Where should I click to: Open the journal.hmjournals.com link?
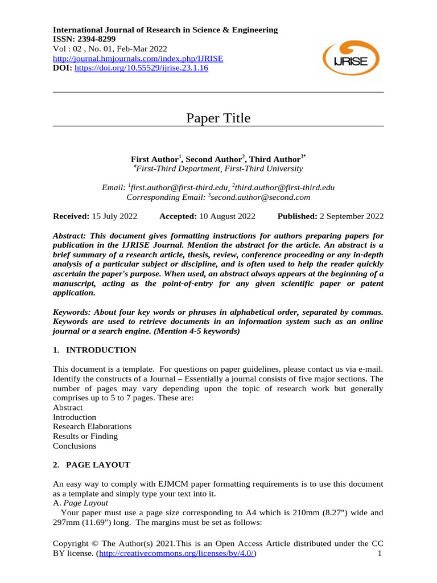click(x=138, y=58)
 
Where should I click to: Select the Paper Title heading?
click(x=218, y=118)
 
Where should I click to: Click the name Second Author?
click(x=213, y=159)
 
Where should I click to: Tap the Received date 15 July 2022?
click(x=114, y=216)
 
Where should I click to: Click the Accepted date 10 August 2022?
click(x=227, y=216)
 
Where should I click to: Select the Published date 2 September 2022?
click(x=351, y=216)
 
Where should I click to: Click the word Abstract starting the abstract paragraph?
click(x=71, y=235)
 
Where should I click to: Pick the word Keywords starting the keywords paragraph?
click(x=72, y=312)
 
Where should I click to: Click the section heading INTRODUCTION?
click(x=101, y=350)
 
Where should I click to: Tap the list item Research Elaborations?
click(x=92, y=426)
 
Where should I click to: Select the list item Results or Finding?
click(x=85, y=436)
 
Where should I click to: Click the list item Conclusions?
click(x=75, y=446)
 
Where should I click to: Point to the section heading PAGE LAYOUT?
click(x=98, y=465)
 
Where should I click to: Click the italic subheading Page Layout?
click(x=85, y=503)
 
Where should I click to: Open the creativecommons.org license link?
click(x=177, y=553)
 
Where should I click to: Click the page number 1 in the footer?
click(x=380, y=553)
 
